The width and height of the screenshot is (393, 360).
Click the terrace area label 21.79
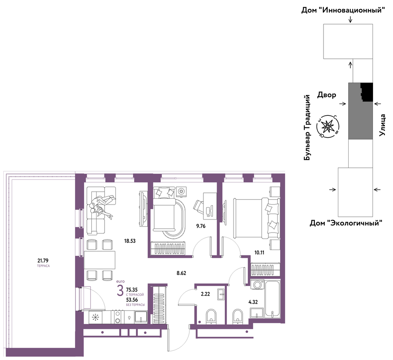coord(43,261)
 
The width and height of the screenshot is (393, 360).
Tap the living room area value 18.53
coord(130,241)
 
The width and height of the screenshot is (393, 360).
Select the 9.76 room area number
coord(201,226)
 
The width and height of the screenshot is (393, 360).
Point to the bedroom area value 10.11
coord(259,253)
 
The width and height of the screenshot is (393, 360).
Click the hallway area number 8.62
coord(181,273)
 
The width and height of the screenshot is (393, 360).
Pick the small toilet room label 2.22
coord(205,294)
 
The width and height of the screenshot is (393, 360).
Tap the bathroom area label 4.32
coord(253,302)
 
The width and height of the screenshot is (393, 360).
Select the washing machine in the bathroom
coord(257,285)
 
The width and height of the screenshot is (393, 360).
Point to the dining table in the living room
coord(100,260)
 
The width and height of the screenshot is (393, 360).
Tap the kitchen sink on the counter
coord(141,317)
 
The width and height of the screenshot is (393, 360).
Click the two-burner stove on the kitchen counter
coord(118,317)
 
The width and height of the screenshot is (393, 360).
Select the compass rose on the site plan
coord(328,126)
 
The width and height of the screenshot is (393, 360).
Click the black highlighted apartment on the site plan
coord(367,92)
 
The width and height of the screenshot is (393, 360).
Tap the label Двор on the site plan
coord(327,95)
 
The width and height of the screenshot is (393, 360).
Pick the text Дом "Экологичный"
coord(346,223)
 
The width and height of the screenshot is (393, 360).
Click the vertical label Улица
coord(382,125)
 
